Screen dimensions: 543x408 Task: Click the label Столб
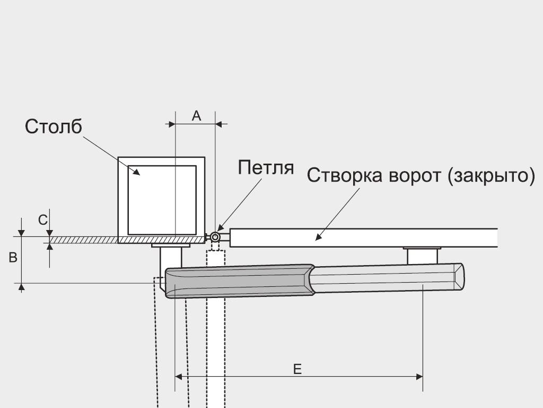[x=54, y=126]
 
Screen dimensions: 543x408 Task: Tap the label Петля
[x=266, y=167]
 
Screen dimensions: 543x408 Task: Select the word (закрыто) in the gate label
[x=491, y=175]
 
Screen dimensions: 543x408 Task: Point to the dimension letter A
[x=196, y=115]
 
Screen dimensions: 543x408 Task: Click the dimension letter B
[x=13, y=258]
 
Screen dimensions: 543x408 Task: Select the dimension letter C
[x=42, y=220]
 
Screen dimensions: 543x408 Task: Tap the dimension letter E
[x=297, y=369]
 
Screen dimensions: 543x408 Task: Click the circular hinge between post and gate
[x=215, y=237]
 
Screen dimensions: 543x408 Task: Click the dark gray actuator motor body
[x=240, y=282]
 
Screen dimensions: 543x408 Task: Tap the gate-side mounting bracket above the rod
[x=422, y=256]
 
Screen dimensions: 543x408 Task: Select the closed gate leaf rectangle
[x=364, y=238]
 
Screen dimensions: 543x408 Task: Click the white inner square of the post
[x=162, y=200]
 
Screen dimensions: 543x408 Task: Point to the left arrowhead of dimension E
[x=179, y=377]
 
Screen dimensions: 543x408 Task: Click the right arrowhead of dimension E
[x=419, y=377]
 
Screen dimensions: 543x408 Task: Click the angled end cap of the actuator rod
[x=459, y=276]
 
